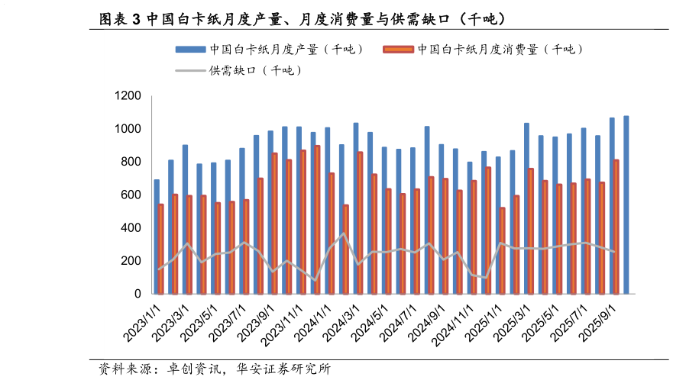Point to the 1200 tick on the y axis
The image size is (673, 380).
pos(128,96)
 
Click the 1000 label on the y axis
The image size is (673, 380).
pos(128,129)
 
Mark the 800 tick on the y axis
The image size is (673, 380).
pos(131,162)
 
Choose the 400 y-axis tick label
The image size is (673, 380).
pos(131,228)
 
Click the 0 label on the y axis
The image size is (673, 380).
pos(138,294)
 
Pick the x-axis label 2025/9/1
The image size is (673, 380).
pos(600,320)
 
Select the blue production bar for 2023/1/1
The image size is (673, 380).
pos(157,237)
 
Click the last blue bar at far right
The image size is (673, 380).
pos(626,204)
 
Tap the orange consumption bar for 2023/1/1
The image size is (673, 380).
pos(161,249)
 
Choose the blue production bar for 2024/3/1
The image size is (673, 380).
pos(356,208)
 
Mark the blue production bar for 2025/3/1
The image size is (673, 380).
pos(527,208)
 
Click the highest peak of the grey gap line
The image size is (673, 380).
pos(344,233)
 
